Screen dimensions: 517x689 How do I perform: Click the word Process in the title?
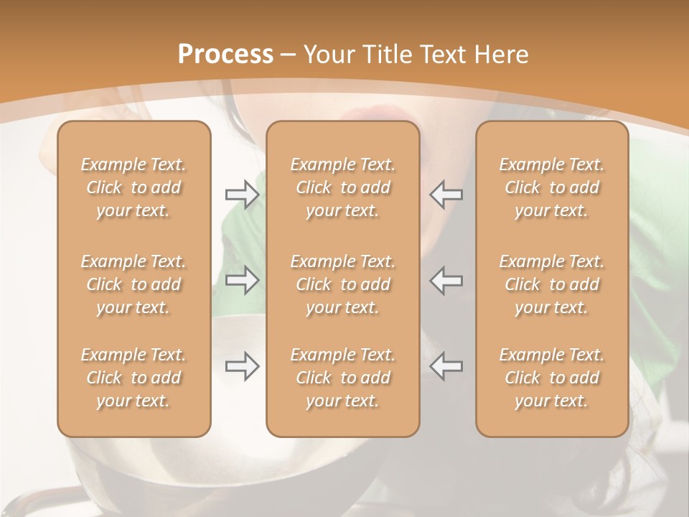coord(225,55)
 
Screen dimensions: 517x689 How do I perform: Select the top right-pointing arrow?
coord(242,195)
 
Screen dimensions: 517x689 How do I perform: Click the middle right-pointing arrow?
coord(242,280)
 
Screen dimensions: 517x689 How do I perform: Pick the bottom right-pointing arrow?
coord(242,366)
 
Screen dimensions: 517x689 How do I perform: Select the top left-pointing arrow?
coord(446,195)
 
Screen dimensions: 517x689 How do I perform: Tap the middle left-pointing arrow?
coord(446,280)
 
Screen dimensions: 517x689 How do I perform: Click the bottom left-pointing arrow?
coord(446,366)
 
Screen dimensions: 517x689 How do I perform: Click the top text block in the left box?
coord(133,187)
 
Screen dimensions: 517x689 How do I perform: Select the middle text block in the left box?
coord(133,284)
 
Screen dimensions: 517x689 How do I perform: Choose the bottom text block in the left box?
coord(133,378)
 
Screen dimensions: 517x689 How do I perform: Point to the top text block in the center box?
coord(342,187)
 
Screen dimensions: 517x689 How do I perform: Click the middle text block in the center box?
coord(342,284)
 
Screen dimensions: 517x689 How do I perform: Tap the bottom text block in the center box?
coord(342,378)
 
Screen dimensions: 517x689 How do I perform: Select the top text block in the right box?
coord(551,187)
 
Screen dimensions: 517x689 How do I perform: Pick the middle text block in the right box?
coord(551,284)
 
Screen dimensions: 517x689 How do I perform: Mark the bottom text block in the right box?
coord(551,378)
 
